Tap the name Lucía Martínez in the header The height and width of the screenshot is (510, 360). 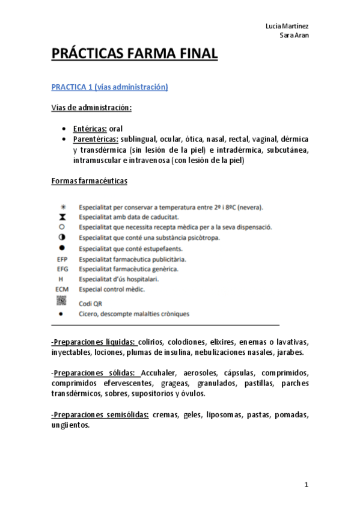point(288,26)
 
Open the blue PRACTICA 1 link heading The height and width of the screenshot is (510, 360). point(109,88)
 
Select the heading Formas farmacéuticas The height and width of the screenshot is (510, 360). point(89,180)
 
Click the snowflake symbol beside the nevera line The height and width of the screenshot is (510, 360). point(63,206)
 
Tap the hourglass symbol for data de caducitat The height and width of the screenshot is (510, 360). point(63,217)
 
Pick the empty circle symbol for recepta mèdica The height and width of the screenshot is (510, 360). point(63,227)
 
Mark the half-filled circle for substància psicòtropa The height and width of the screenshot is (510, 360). point(63,238)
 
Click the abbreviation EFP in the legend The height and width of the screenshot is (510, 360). point(63,259)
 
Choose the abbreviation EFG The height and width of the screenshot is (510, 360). point(63,269)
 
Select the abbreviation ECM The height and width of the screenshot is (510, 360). point(63,289)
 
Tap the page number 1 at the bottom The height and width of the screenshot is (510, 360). point(306,484)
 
